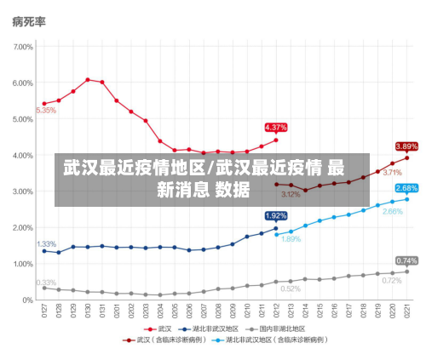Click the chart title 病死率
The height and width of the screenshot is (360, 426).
29,21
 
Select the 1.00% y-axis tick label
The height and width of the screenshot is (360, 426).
21,264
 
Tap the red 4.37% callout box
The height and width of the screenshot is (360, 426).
276,128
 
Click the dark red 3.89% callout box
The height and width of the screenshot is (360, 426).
406,146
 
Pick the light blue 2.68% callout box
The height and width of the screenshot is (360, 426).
406,188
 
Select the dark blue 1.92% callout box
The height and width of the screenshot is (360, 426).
276,216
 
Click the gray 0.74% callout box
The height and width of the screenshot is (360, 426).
406,260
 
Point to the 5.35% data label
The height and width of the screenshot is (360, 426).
46,111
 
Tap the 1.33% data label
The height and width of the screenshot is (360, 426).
46,244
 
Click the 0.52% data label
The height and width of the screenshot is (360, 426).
291,289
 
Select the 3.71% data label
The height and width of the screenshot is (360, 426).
392,173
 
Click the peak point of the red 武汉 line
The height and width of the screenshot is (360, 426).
88,80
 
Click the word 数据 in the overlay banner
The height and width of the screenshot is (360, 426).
233,190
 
